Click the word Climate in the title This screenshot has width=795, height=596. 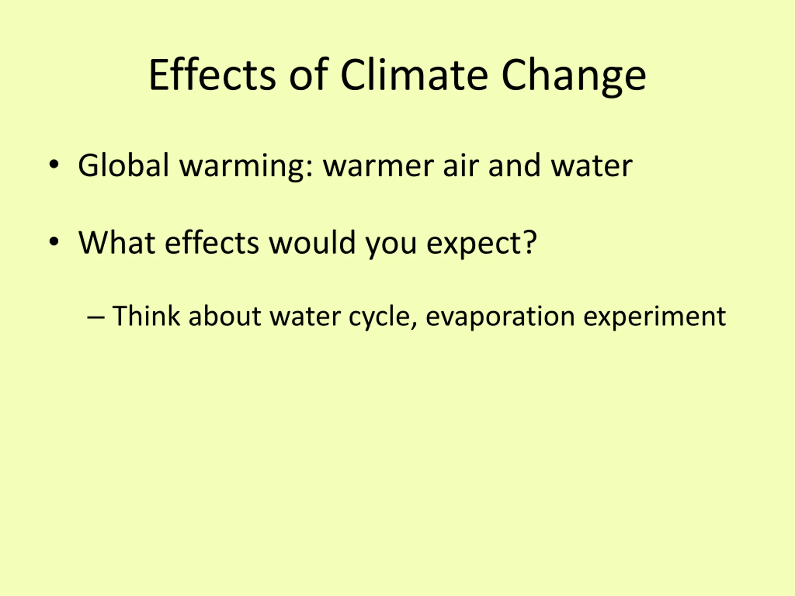tap(414, 75)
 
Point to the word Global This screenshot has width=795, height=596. tap(123, 165)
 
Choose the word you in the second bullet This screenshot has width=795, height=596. tap(391, 246)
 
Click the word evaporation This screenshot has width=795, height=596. tap(500, 318)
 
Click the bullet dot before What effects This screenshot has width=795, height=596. tap(54, 242)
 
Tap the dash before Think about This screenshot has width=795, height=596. tap(96, 318)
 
